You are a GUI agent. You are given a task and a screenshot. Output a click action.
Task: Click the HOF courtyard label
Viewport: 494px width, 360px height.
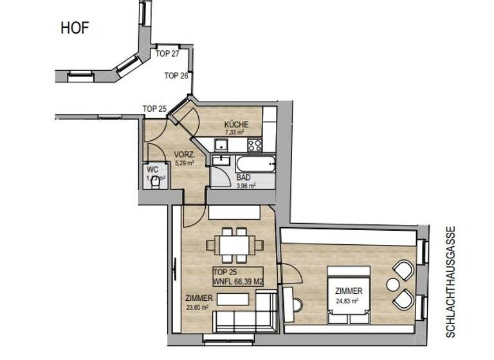pyautogui.click(x=75, y=28)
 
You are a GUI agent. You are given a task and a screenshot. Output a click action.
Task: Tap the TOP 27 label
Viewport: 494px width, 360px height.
pyautogui.click(x=167, y=54)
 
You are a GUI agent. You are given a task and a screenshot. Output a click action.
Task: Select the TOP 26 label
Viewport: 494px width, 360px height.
pyautogui.click(x=176, y=76)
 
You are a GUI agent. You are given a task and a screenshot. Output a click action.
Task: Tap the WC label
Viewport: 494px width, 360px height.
pyautogui.click(x=152, y=170)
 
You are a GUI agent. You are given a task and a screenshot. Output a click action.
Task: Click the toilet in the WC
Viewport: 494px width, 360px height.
pyautogui.click(x=155, y=183)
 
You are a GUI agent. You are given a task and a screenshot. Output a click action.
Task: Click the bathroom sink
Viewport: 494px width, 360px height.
pyautogui.click(x=224, y=161)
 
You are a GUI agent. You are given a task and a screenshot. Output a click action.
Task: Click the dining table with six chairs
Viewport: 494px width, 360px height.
pyautogui.click(x=234, y=245)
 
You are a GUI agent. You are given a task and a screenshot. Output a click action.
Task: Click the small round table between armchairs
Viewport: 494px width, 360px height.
pyautogui.click(x=392, y=283)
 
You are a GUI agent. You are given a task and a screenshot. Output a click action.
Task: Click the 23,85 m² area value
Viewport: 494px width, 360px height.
pyautogui.click(x=197, y=307)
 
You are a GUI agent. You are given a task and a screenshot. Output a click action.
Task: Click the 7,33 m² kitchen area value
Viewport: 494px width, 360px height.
pyautogui.click(x=234, y=132)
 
